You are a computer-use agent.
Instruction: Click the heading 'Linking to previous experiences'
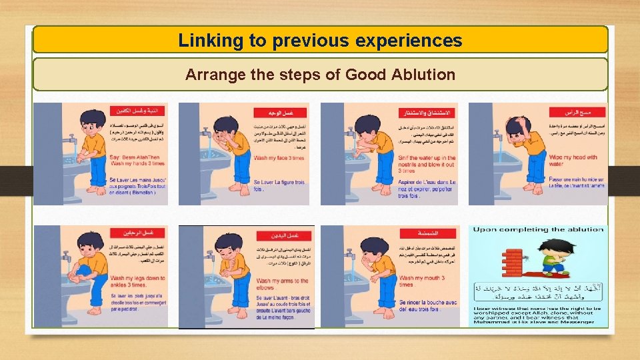pyautogui.click(x=320, y=41)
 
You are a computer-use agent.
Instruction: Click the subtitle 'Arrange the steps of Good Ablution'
pyautogui.click(x=320, y=75)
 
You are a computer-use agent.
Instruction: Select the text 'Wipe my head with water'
pyautogui.click(x=573, y=161)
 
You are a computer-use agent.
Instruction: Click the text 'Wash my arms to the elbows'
pyautogui.click(x=283, y=284)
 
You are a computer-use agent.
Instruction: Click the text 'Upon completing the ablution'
pyautogui.click(x=539, y=230)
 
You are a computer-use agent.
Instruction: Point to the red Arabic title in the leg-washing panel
pyautogui.click(x=133, y=233)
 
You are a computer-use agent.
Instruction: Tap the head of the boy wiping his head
pyautogui.click(x=519, y=125)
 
